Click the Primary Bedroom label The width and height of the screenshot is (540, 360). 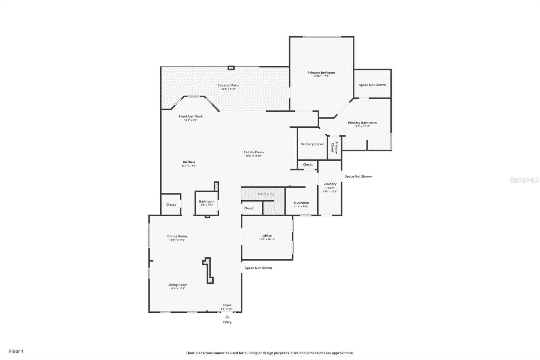(x=321, y=73)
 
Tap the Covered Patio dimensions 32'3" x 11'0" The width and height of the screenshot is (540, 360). (x=228, y=89)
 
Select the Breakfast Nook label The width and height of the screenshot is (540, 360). (x=190, y=117)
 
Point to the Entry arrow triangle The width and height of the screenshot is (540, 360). (x=227, y=317)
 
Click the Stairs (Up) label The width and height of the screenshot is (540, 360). (x=265, y=194)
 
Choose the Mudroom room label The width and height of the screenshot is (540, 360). (x=301, y=203)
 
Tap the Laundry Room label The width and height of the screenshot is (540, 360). (x=330, y=186)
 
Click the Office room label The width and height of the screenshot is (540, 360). (x=267, y=236)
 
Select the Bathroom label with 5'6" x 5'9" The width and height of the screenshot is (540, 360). (x=207, y=202)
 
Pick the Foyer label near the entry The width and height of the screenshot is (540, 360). (x=227, y=305)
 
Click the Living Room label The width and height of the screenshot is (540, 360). (x=178, y=285)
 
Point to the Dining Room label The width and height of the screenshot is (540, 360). (x=177, y=236)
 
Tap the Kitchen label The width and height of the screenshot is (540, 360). (x=189, y=162)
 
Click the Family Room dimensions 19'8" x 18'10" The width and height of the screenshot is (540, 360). (x=253, y=156)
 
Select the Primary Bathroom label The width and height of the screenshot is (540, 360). (x=362, y=123)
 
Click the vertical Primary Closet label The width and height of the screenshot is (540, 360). (x=334, y=147)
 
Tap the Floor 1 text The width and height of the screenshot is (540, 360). (x=16, y=351)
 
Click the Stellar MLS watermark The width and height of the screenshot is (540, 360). (x=524, y=180)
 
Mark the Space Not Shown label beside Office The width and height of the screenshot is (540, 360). (x=258, y=268)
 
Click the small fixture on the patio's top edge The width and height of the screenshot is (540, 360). (x=231, y=68)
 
